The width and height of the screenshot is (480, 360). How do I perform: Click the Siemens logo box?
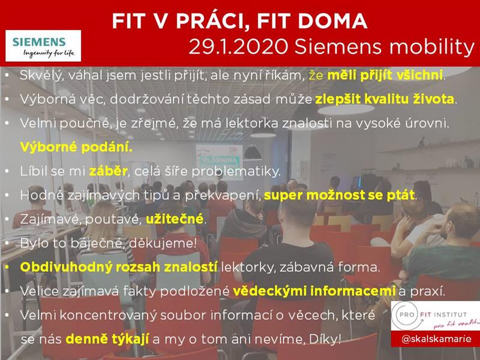pyautogui.click(x=43, y=46)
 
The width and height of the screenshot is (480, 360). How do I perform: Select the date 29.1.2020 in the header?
pyautogui.click(x=238, y=47)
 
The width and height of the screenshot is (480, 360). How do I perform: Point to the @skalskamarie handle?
pyautogui.click(x=436, y=339)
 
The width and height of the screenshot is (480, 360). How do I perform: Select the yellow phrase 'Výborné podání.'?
pyautogui.click(x=76, y=147)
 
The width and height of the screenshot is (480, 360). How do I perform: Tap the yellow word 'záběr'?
pyautogui.click(x=108, y=171)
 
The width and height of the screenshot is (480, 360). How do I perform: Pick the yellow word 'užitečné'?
pyautogui.click(x=175, y=219)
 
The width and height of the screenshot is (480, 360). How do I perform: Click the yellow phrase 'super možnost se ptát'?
pyautogui.click(x=339, y=195)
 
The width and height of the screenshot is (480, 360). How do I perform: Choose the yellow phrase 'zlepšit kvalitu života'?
pyautogui.click(x=385, y=99)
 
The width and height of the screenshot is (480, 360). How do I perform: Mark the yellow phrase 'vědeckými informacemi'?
pyautogui.click(x=314, y=291)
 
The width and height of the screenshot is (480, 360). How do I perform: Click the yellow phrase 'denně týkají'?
pyautogui.click(x=107, y=339)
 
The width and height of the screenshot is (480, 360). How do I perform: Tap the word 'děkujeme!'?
pyautogui.click(x=163, y=243)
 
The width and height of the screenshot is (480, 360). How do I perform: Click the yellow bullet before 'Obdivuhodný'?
pyautogui.click(x=7, y=267)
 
